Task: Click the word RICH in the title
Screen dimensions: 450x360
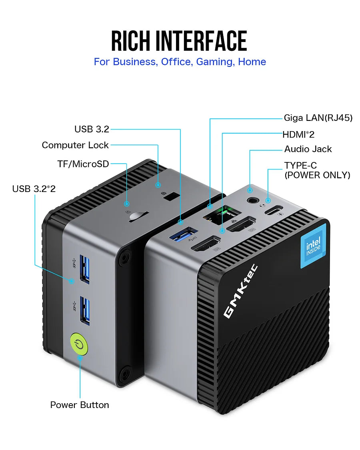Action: pyautogui.click(x=131, y=41)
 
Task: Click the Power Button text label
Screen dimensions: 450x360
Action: pyautogui.click(x=80, y=405)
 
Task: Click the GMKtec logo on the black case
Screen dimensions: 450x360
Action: pyautogui.click(x=240, y=292)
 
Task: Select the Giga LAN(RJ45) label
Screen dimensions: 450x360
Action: pyautogui.click(x=318, y=118)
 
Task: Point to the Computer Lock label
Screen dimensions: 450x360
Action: pyautogui.click(x=75, y=145)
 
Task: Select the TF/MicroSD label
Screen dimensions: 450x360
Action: pyautogui.click(x=83, y=164)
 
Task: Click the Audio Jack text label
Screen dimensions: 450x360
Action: pyautogui.click(x=308, y=149)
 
